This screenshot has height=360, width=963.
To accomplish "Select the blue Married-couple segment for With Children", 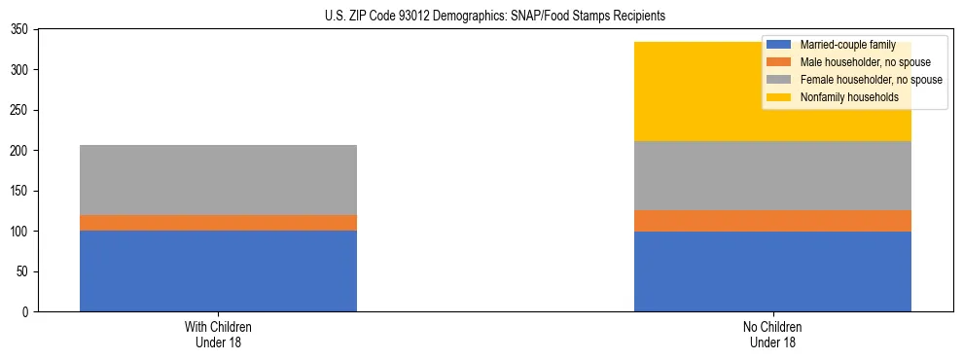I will (218, 270).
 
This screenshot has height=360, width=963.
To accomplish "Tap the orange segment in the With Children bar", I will (218, 223).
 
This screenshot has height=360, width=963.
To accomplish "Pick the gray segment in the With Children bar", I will (218, 180).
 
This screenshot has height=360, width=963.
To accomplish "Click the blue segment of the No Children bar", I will (772, 271).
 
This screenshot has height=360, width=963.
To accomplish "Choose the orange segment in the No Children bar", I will (772, 221).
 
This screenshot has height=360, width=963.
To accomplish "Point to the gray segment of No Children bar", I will (772, 176).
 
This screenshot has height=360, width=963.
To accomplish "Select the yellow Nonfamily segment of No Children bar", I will (700, 91).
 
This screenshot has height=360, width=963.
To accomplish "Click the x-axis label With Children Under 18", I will (218, 334).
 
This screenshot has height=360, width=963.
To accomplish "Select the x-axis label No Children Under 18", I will (772, 334).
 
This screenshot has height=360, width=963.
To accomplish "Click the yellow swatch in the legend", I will (779, 97).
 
